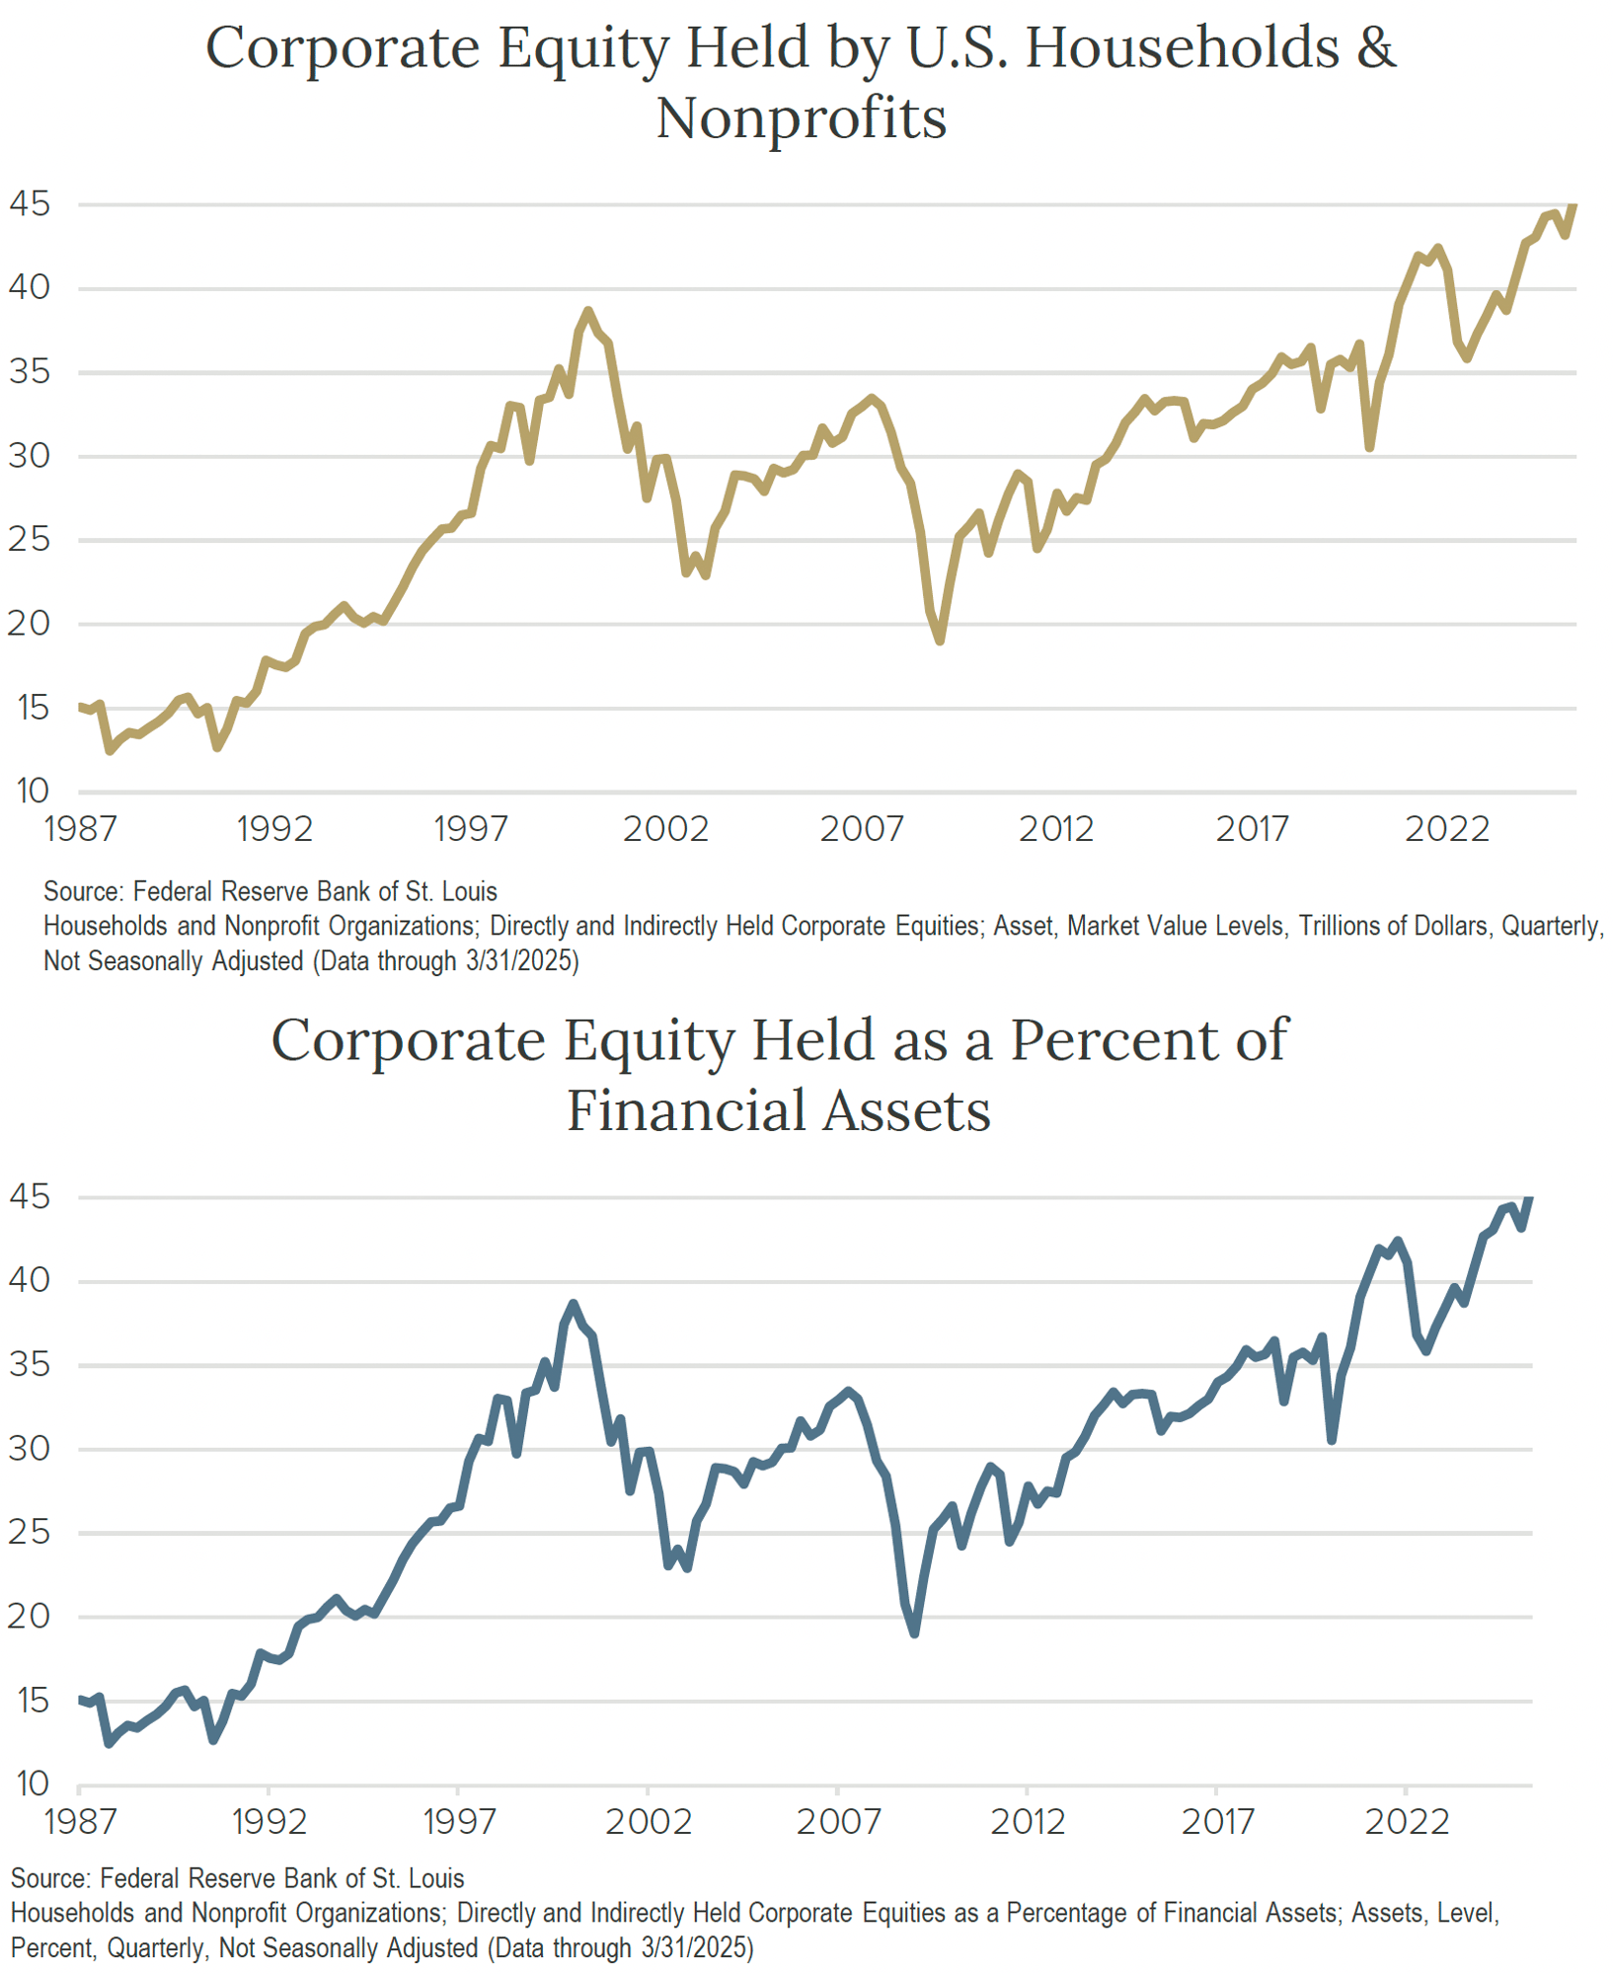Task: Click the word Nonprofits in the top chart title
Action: point(801,118)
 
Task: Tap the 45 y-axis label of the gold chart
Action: point(29,204)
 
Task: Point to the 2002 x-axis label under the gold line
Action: point(665,829)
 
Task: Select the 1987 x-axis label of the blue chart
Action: point(80,1821)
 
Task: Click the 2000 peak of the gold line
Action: point(588,312)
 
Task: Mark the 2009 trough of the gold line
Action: point(940,641)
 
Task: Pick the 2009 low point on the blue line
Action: point(915,1633)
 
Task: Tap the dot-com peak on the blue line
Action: point(574,1305)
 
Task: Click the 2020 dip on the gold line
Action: point(1369,447)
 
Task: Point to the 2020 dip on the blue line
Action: point(1332,1440)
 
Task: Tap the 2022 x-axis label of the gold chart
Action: point(1446,829)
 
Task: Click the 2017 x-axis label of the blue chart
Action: point(1216,1821)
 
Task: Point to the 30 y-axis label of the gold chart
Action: point(29,456)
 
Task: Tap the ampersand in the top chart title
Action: point(1375,47)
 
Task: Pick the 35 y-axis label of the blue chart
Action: point(29,1365)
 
